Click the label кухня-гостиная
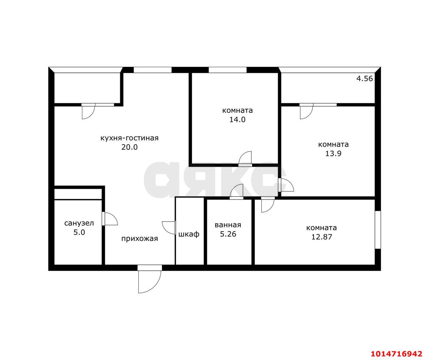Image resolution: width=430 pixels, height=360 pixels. [130, 138]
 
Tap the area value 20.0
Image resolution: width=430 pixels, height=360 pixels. [130, 147]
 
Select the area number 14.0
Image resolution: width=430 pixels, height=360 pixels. [238, 120]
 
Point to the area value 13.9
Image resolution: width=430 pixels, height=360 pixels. [333, 153]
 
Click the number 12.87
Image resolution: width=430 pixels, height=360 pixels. [322, 237]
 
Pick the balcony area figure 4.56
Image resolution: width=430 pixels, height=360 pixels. [365, 79]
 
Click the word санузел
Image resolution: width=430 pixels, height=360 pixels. [79, 223]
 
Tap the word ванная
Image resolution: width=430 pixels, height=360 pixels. [228, 225]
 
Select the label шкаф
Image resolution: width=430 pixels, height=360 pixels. [189, 234]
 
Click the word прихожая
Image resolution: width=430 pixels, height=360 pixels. [140, 239]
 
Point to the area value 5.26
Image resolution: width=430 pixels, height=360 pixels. [228, 234]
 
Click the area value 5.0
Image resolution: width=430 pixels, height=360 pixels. [79, 232]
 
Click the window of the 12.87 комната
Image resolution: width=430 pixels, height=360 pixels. [378, 230]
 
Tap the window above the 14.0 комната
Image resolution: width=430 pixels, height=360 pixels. [227, 70]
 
